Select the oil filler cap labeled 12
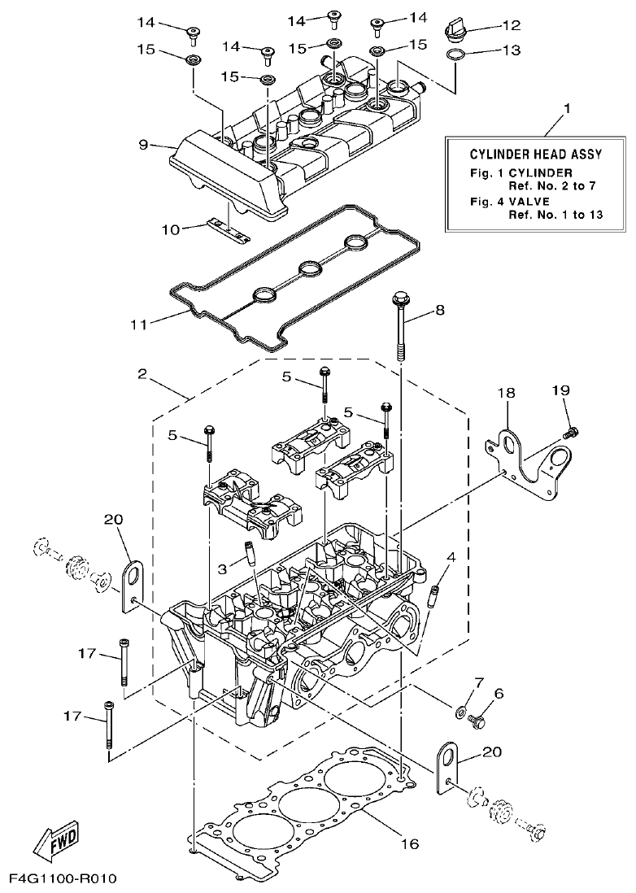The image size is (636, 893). point(456,31)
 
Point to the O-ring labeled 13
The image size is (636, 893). point(456,55)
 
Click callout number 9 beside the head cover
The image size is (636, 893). point(143,146)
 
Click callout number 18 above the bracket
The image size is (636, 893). point(507,393)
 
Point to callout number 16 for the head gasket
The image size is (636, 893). point(410,844)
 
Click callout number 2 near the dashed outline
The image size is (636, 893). point(143,375)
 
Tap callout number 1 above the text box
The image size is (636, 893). point(567,107)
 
